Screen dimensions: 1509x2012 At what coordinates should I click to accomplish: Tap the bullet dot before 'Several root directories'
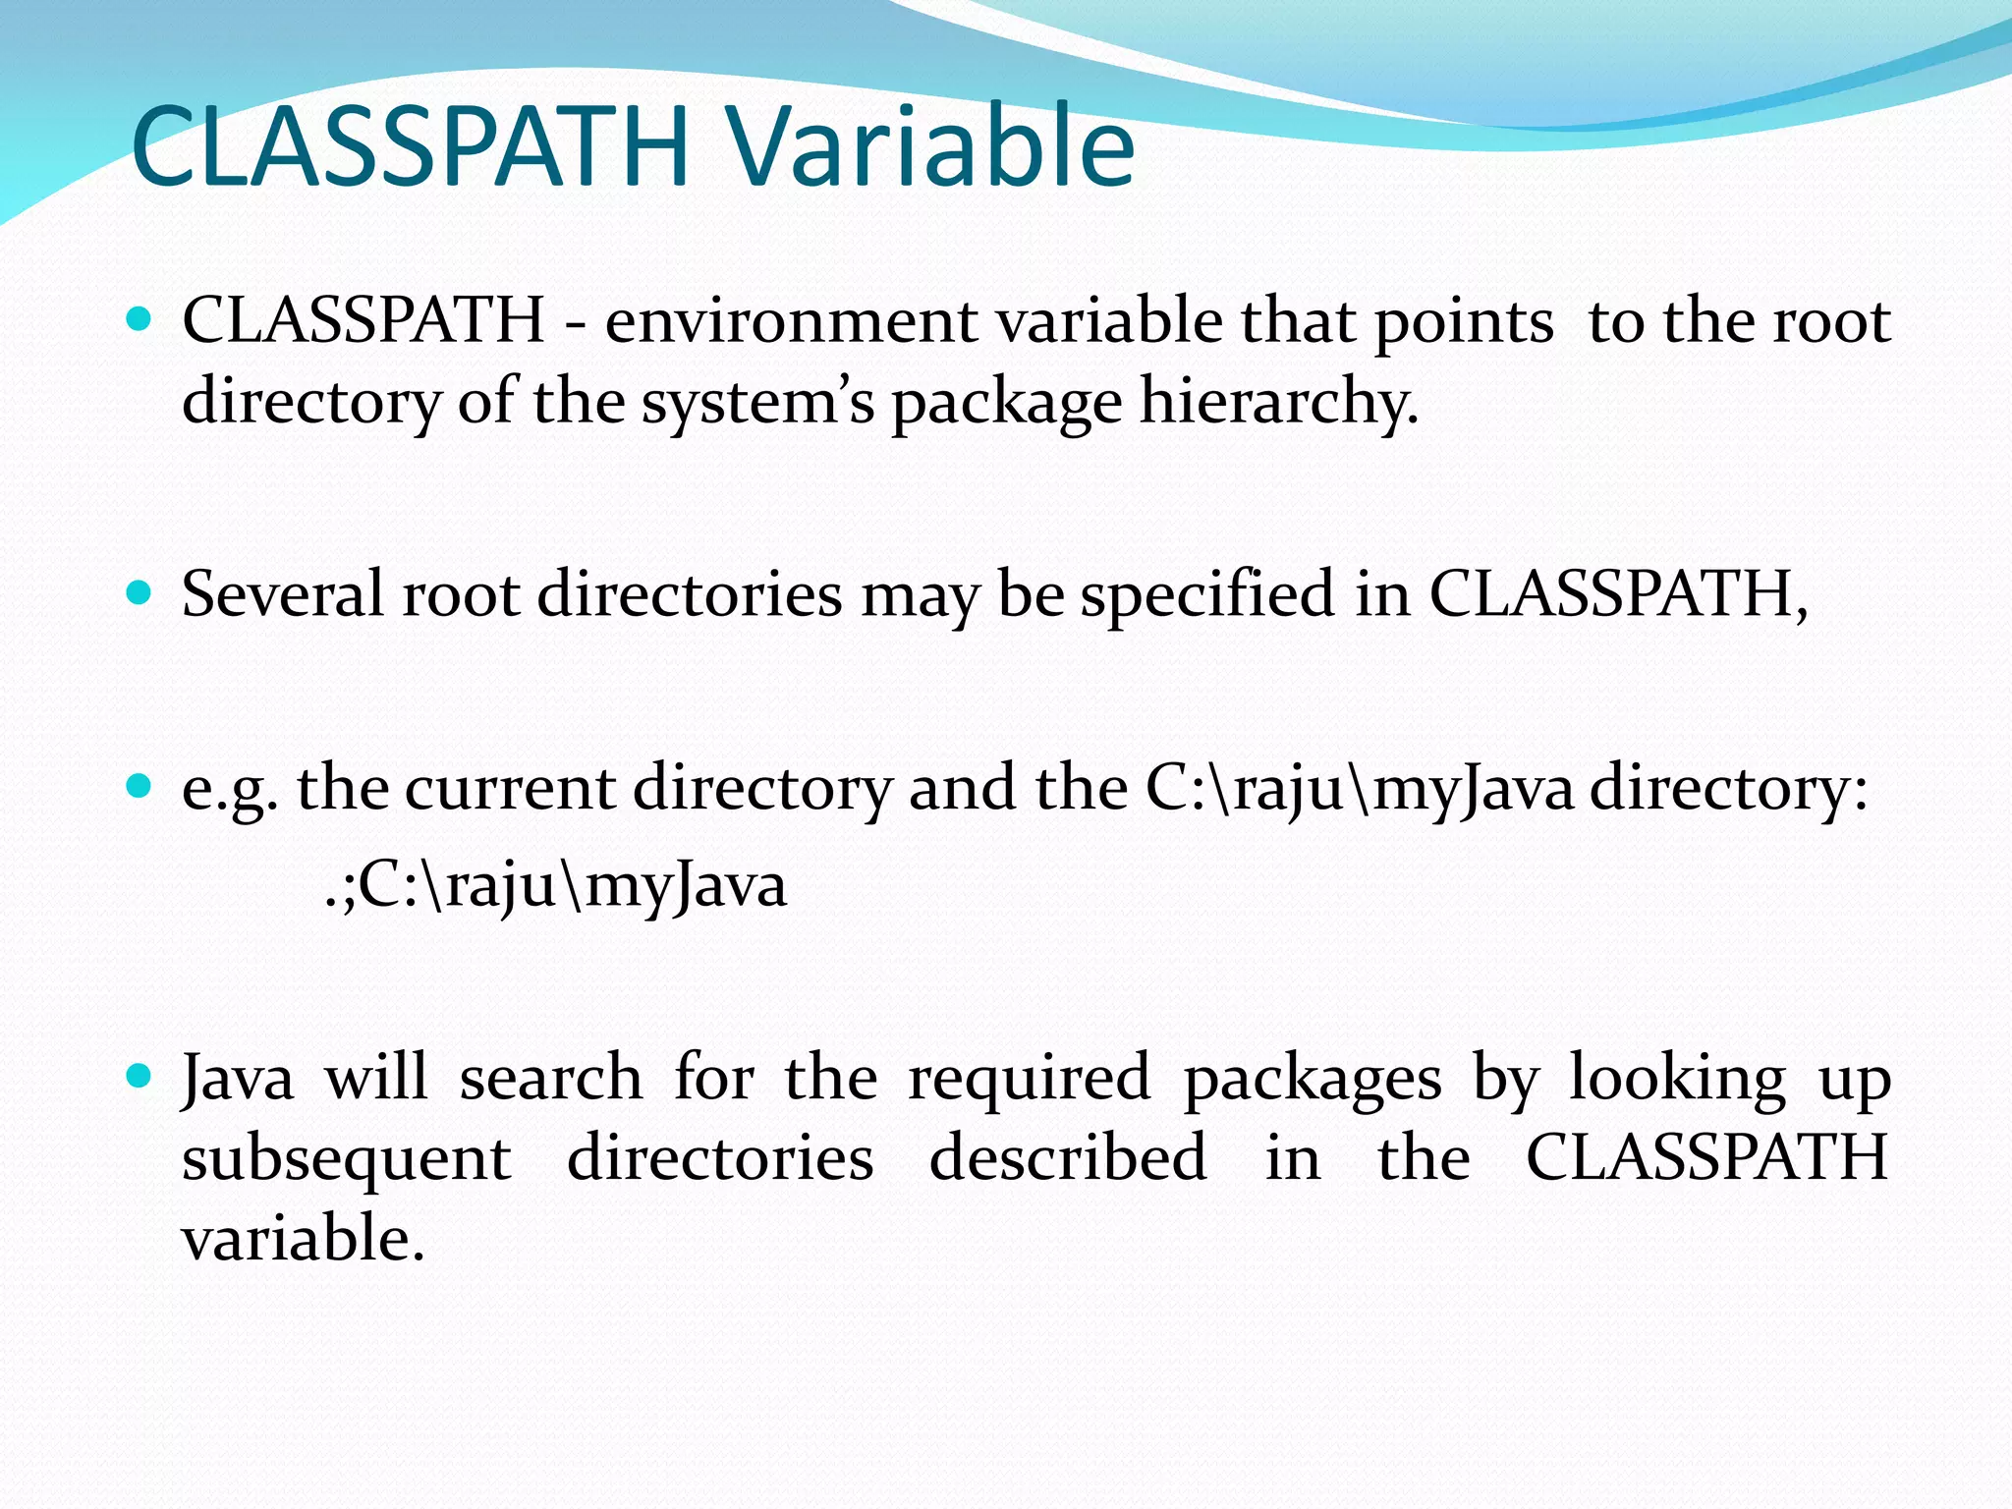[x=140, y=592]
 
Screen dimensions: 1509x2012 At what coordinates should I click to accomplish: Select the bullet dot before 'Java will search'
[x=140, y=1077]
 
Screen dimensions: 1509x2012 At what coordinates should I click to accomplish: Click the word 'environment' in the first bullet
[x=791, y=321]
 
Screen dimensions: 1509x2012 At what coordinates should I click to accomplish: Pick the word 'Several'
[x=282, y=594]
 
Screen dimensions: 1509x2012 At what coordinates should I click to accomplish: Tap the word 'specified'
[x=1207, y=594]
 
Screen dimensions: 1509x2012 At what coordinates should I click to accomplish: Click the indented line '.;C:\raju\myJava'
[x=555, y=885]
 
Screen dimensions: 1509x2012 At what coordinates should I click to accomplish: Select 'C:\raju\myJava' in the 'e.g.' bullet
[x=1360, y=788]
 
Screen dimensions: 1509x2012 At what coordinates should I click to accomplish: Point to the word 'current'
[x=510, y=788]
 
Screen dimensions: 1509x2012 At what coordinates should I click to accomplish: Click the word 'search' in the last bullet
[x=551, y=1078]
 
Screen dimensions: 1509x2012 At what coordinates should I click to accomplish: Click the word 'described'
[x=1068, y=1157]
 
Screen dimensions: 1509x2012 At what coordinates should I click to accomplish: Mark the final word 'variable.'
[x=304, y=1238]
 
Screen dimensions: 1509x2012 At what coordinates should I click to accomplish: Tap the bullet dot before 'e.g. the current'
[x=140, y=786]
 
